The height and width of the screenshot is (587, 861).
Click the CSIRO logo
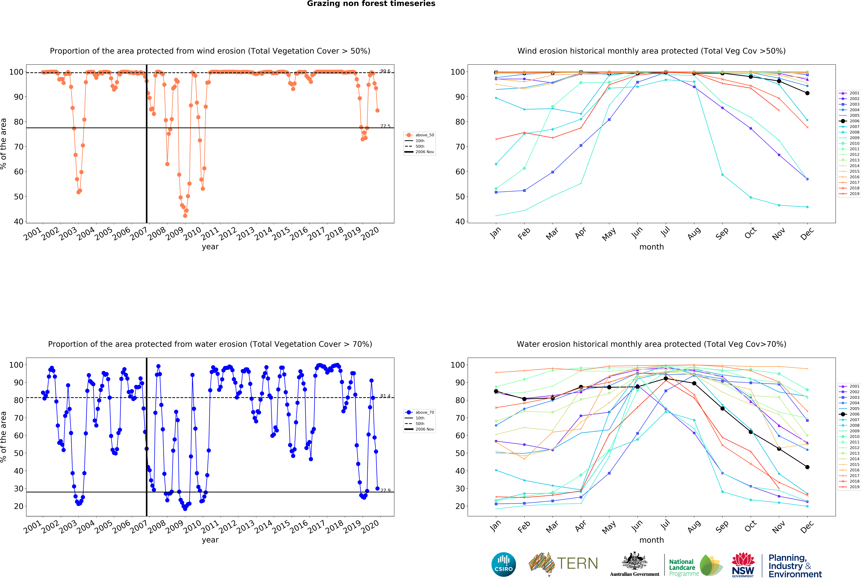(x=503, y=564)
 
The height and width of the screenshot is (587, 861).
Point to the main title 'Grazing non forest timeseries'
(x=371, y=4)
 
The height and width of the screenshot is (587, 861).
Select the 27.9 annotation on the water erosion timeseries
(x=385, y=490)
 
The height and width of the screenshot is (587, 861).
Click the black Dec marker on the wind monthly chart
(x=807, y=93)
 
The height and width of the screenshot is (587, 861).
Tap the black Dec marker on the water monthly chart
(x=807, y=467)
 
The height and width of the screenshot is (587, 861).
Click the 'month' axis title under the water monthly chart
(x=651, y=540)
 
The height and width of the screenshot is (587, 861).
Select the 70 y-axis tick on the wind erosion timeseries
(x=19, y=147)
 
